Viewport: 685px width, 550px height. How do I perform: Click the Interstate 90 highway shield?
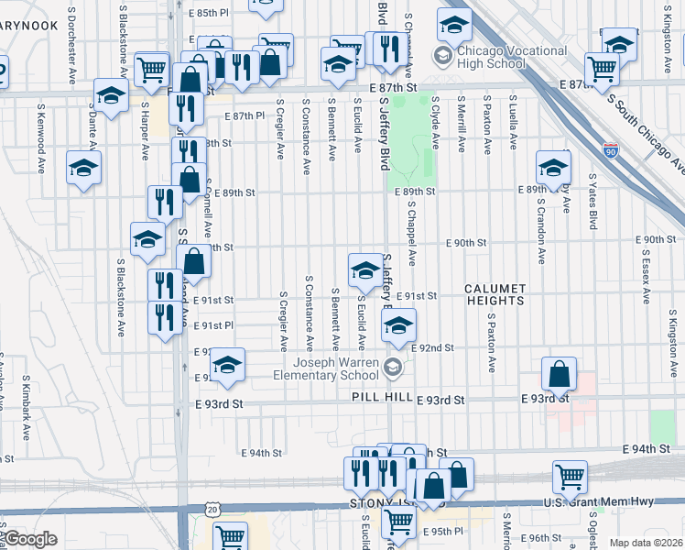pos(610,148)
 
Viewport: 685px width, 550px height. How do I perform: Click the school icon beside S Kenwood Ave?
pos(83,169)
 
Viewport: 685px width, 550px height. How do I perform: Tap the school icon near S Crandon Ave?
pos(553,167)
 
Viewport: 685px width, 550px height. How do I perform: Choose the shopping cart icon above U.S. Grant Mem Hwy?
pos(570,477)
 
